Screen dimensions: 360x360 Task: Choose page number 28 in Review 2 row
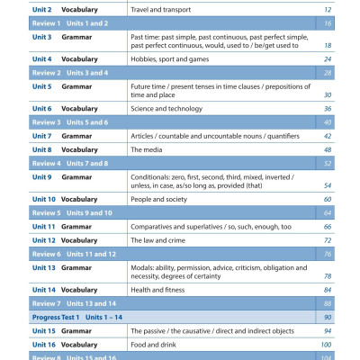pos(328,72)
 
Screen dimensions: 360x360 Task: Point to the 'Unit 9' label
pos(43,177)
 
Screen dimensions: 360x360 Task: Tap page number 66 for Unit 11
pos(328,227)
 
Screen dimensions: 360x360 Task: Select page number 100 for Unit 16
pos(326,346)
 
